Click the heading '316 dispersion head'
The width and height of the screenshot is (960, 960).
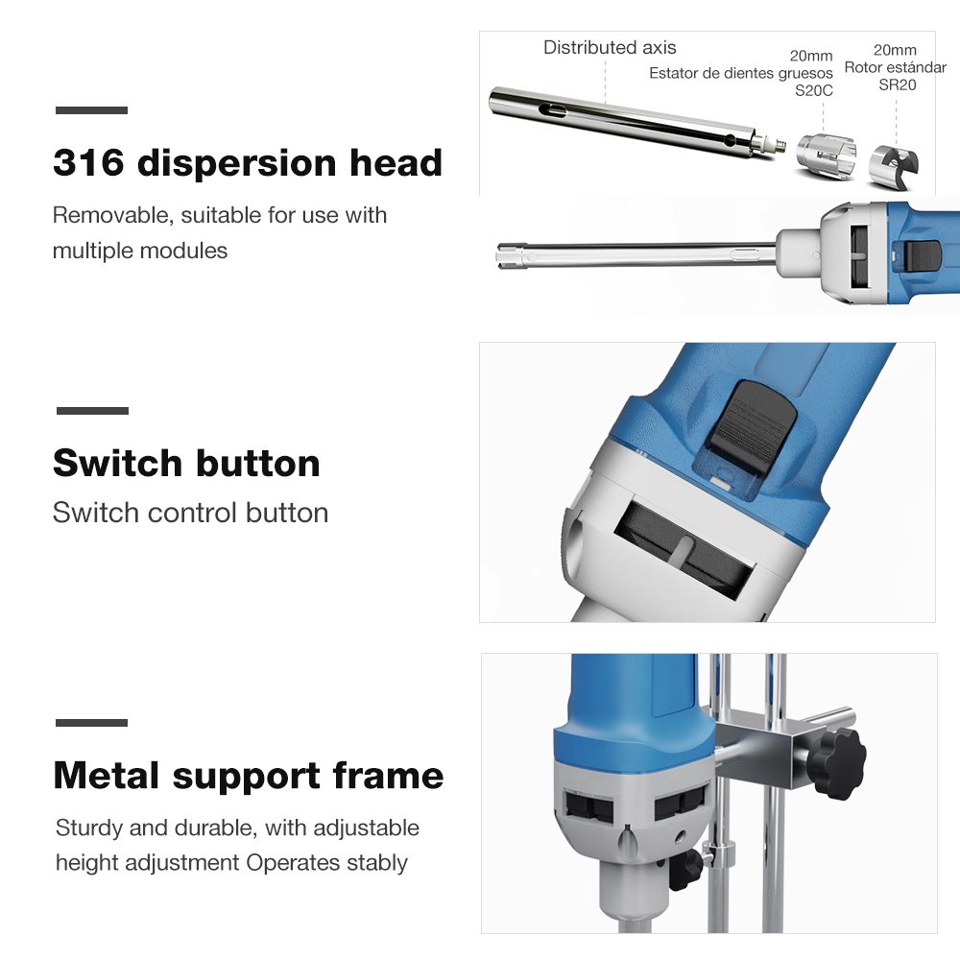tap(248, 163)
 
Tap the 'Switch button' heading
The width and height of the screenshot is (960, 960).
tap(187, 463)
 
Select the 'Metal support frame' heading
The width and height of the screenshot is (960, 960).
tap(249, 777)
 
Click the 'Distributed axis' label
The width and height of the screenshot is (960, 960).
tap(610, 47)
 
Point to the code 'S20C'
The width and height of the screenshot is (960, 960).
tap(814, 90)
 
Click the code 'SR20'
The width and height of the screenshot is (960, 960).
tap(897, 85)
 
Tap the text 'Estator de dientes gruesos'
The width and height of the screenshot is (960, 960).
tap(741, 73)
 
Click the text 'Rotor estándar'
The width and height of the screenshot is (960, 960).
tap(895, 67)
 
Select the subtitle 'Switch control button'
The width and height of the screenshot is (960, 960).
tap(190, 513)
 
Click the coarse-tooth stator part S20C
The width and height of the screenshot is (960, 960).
tap(826, 156)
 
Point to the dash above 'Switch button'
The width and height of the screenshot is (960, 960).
tap(92, 411)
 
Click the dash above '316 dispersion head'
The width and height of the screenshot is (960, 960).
tap(92, 110)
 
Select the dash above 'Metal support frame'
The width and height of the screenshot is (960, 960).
tap(92, 723)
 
